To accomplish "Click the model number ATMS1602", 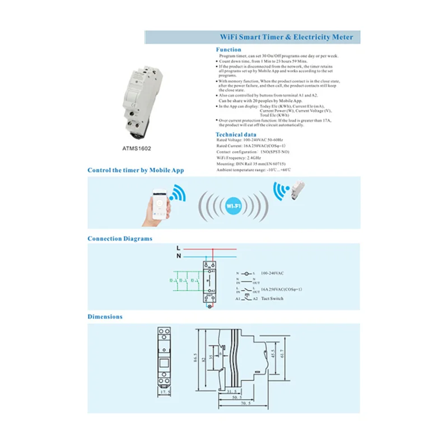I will click(x=137, y=150).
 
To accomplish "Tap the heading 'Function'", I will click(x=228, y=50).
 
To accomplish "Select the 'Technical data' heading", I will click(x=236, y=135).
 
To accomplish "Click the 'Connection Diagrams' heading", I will click(x=120, y=239).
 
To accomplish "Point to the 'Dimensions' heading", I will click(x=105, y=317).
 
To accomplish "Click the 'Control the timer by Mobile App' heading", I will click(x=136, y=170).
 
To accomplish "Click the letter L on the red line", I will click(x=178, y=247).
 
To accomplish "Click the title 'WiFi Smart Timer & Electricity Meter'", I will click(x=285, y=38).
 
